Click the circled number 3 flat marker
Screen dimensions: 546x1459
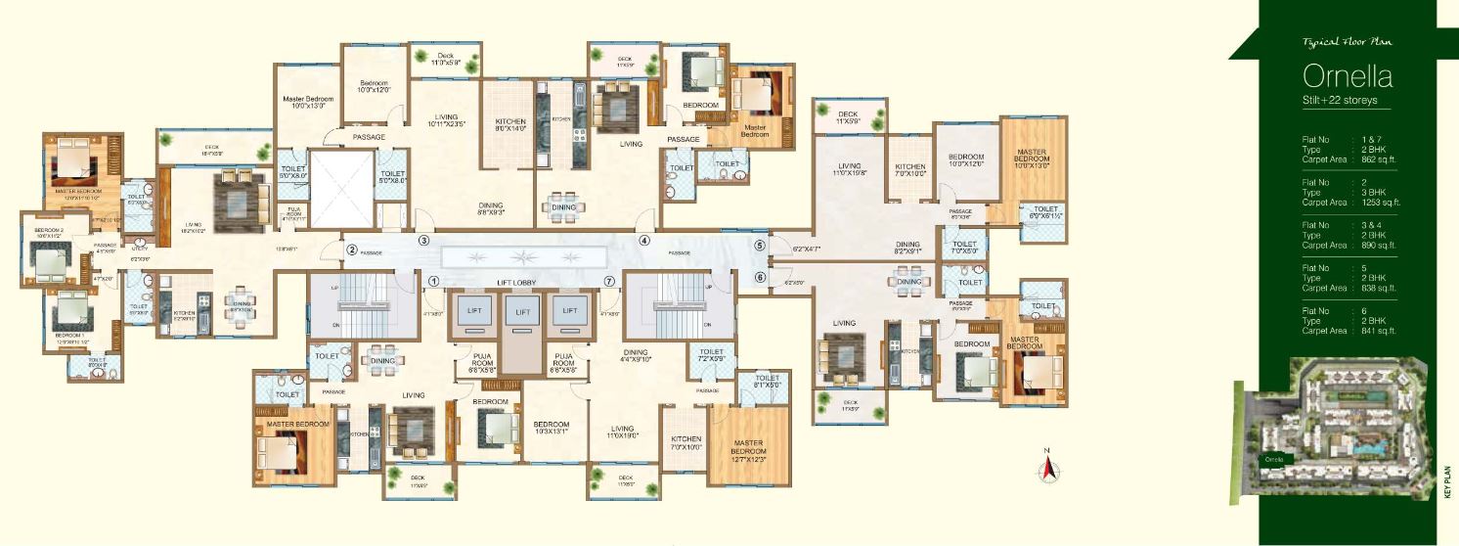coord(424,240)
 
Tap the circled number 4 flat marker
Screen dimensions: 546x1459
coord(645,240)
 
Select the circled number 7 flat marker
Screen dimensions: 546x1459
coord(609,281)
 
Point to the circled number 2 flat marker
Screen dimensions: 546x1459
coord(351,250)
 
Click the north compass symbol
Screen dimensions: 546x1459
coord(1047,467)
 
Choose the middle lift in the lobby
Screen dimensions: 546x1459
coord(523,311)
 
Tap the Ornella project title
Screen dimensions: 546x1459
coord(1348,76)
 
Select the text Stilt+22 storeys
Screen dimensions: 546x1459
coord(1345,101)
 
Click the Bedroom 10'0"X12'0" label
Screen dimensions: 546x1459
coord(375,86)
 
